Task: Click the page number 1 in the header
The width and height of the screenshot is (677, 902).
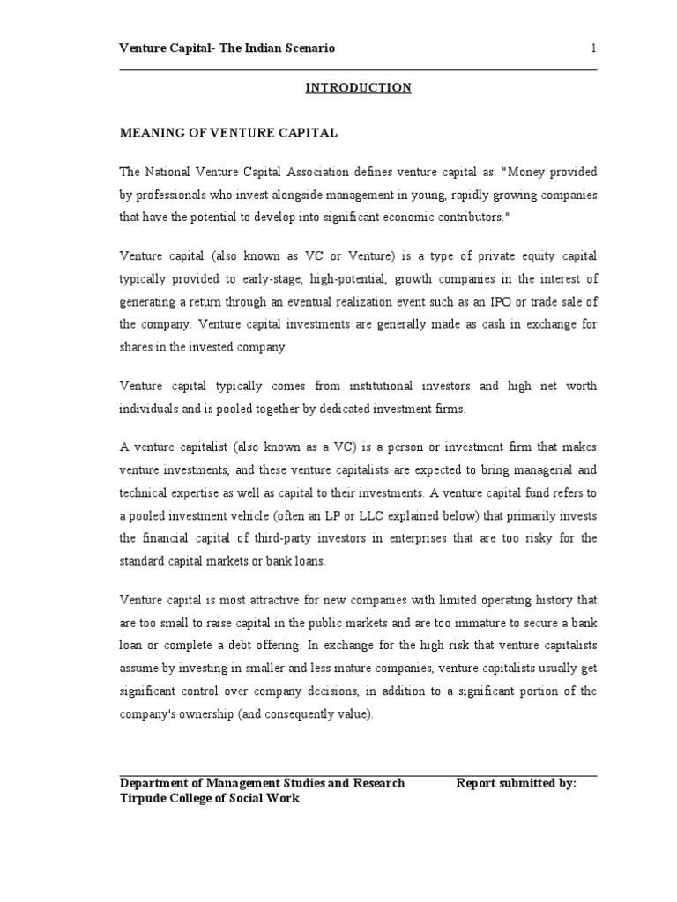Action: coord(594,48)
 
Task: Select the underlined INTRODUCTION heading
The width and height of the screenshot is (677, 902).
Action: coord(358,87)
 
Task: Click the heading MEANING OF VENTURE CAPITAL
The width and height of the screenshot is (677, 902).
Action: coord(228,133)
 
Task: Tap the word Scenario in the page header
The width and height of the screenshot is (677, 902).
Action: coord(304,48)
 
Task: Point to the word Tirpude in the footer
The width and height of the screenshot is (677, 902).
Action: coord(145,798)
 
